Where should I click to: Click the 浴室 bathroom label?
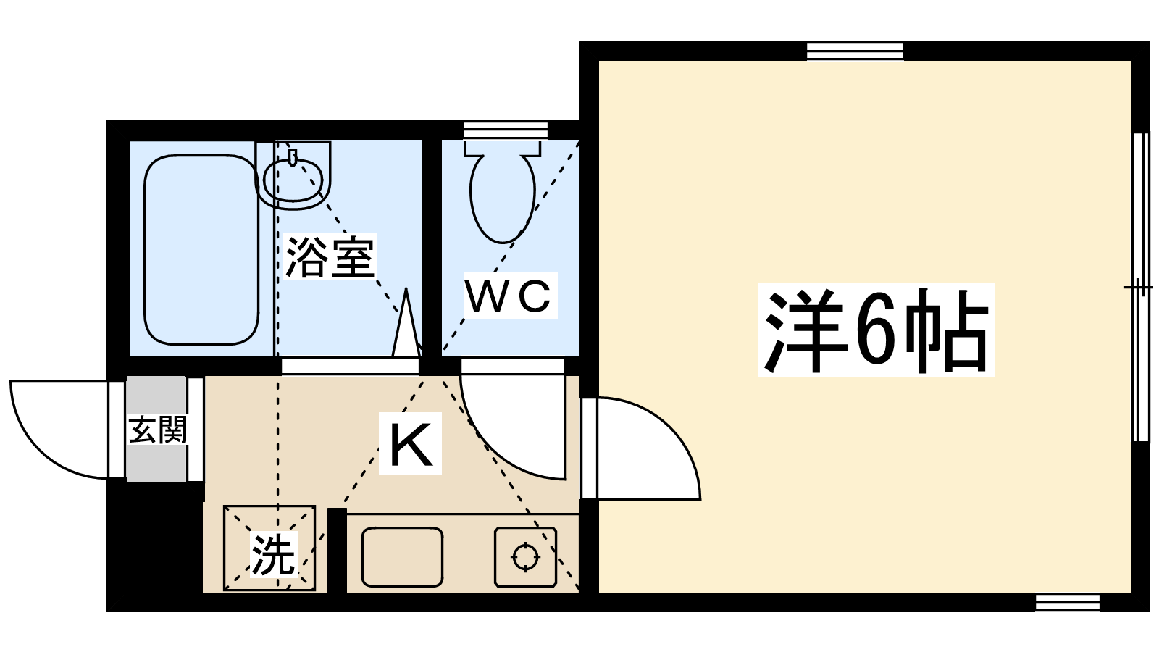pyautogui.click(x=330, y=257)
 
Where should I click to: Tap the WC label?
pyautogui.click(x=509, y=296)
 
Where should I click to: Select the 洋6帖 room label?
pyautogui.click(x=876, y=330)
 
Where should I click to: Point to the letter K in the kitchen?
pyautogui.click(x=411, y=444)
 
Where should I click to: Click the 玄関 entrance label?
pyautogui.click(x=158, y=430)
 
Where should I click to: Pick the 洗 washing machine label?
pyautogui.click(x=272, y=555)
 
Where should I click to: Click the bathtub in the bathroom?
pyautogui.click(x=201, y=249)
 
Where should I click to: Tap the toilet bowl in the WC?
pyautogui.click(x=502, y=199)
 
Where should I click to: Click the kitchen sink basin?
pyautogui.click(x=402, y=556)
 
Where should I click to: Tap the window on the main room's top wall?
pyautogui.click(x=855, y=51)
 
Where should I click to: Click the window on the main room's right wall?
pyautogui.click(x=1140, y=287)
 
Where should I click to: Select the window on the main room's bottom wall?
pyautogui.click(x=1067, y=602)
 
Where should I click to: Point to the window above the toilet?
pyautogui.click(x=505, y=130)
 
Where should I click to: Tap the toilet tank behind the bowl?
pyautogui.click(x=502, y=148)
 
